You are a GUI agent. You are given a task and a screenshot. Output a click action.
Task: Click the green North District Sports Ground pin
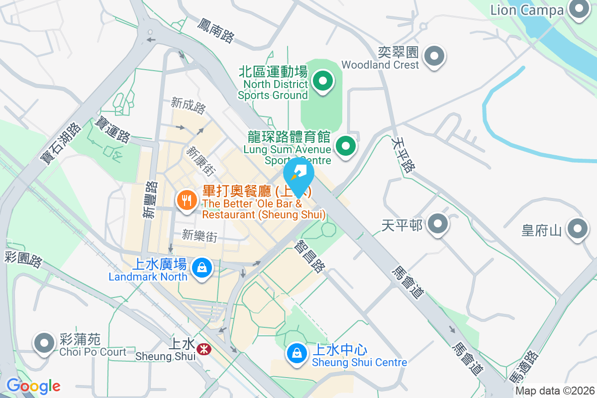coord(322,81)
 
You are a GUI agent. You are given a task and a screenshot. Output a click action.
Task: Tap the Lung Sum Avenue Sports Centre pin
coord(346,146)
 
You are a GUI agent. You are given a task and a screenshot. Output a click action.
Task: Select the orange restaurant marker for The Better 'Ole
coord(187,200)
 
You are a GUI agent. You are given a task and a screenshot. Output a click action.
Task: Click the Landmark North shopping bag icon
coord(202,268)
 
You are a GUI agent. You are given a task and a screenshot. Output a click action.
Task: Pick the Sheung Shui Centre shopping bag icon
coord(297,354)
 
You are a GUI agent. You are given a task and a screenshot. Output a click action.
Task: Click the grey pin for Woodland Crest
coord(435,56)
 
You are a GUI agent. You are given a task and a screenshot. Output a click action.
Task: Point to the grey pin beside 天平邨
coord(438,224)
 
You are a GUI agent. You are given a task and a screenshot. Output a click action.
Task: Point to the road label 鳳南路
coord(215,30)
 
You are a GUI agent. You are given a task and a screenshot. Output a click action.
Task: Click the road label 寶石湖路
coord(60,144)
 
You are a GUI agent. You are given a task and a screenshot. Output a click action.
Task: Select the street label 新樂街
coord(199,235)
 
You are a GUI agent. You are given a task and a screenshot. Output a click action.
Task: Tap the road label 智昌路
coord(310,256)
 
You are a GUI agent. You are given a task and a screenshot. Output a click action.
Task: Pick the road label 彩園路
coord(23,259)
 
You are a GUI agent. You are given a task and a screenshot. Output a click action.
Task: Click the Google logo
coord(33,386)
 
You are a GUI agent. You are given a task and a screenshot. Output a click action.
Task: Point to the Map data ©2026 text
coord(555,391)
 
